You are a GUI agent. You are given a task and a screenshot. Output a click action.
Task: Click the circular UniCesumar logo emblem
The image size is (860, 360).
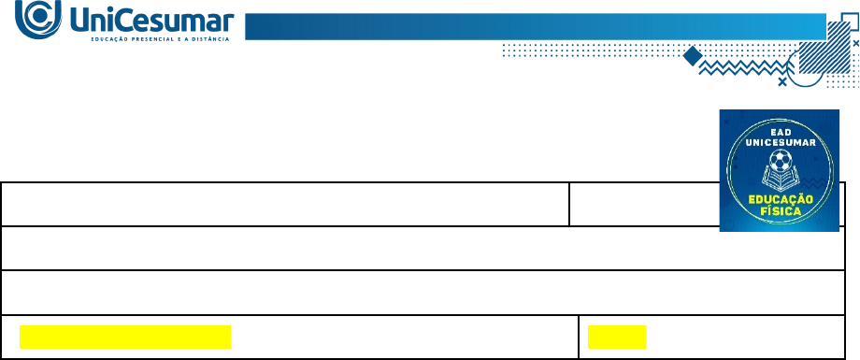click(37, 19)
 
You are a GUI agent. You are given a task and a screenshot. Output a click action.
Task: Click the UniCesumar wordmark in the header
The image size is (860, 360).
click(153, 21)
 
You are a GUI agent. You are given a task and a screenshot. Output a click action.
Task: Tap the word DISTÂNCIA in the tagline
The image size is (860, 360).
click(210, 39)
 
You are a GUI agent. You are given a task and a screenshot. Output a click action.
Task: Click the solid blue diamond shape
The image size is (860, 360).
click(693, 56)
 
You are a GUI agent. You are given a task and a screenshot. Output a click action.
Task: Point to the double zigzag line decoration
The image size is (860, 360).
click(742, 67)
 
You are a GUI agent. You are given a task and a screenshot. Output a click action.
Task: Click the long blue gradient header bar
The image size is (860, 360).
click(536, 26)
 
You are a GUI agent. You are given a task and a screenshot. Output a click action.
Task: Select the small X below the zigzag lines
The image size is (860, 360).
click(782, 81)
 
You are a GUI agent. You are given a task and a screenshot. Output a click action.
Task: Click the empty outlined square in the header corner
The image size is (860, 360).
click(849, 22)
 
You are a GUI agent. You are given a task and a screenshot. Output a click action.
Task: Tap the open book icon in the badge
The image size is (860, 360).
click(780, 179)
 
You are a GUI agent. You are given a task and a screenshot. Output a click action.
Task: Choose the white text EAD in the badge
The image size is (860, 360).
click(780, 132)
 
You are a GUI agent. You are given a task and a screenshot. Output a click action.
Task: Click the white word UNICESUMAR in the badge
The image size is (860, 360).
click(780, 143)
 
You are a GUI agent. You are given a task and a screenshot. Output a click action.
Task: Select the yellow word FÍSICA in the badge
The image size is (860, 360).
click(780, 210)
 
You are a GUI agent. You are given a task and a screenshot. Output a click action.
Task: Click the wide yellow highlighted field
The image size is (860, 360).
click(125, 337)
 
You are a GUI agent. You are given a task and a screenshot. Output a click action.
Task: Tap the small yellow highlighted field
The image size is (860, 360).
click(616, 337)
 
